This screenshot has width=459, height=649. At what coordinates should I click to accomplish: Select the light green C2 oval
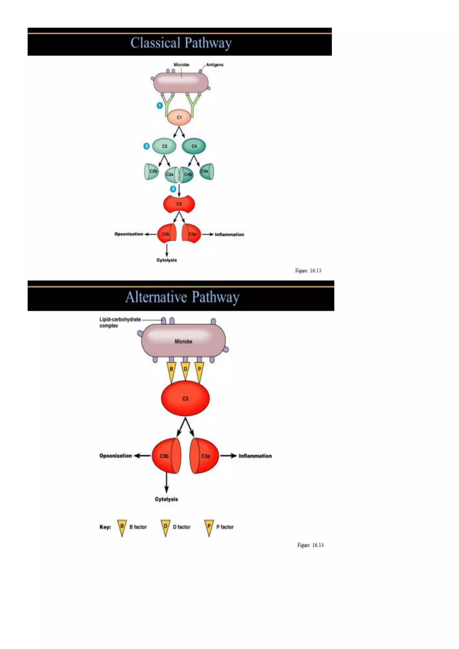pyautogui.click(x=164, y=146)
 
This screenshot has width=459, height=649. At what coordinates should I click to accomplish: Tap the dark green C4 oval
pyautogui.click(x=194, y=146)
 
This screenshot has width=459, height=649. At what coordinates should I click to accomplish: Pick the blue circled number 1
pyautogui.click(x=160, y=105)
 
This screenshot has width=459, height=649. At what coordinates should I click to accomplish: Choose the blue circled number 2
pyautogui.click(x=146, y=146)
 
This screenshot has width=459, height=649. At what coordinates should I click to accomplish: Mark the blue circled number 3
pyautogui.click(x=173, y=189)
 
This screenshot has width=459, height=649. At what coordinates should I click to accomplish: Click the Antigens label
pyautogui.click(x=214, y=65)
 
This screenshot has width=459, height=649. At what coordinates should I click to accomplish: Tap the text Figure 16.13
pyautogui.click(x=308, y=270)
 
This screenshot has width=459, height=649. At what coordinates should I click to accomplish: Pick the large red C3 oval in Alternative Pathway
pyautogui.click(x=185, y=398)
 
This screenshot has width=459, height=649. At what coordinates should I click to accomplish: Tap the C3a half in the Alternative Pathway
pyautogui.click(x=206, y=456)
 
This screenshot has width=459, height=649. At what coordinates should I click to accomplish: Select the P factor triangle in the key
pyautogui.click(x=209, y=528)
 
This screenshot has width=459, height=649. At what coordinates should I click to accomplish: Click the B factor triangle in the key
pyautogui.click(x=122, y=528)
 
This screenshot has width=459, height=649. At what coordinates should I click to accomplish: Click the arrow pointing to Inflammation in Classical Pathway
pyautogui.click(x=208, y=234)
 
